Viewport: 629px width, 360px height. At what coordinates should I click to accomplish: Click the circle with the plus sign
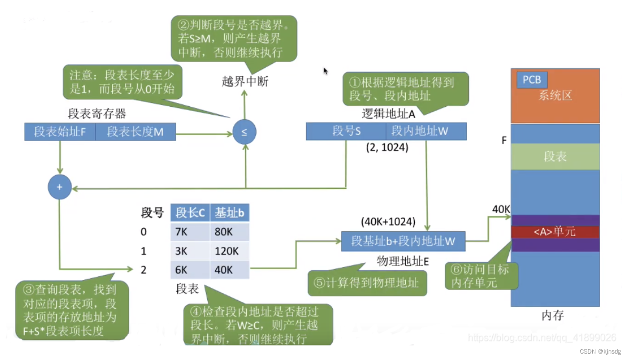59,187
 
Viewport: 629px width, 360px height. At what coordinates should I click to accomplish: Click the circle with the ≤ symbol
245,132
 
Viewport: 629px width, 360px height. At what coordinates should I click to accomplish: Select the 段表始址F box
60,132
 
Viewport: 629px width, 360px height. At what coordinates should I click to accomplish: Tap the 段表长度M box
136,132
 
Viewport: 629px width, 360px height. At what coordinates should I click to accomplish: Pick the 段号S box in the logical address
346,131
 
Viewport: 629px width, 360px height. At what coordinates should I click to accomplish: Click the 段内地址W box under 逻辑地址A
426,131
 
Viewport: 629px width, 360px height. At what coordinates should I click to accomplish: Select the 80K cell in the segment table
230,232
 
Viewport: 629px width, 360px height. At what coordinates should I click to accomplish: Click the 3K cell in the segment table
190,251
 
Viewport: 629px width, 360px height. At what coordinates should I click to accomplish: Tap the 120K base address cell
230,251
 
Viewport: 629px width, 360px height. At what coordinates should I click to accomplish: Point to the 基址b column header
230,213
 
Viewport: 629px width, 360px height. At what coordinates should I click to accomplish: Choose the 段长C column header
190,213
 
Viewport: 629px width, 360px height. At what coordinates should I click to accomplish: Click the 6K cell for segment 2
190,269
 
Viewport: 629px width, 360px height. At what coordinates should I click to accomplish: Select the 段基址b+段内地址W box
403,241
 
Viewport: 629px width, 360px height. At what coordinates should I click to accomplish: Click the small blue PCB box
531,80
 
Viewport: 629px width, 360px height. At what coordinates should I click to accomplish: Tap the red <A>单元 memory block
555,232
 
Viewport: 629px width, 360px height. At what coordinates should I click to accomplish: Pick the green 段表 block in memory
555,156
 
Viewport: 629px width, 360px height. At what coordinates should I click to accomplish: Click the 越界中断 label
245,82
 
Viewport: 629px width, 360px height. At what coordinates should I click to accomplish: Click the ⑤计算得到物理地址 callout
367,283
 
